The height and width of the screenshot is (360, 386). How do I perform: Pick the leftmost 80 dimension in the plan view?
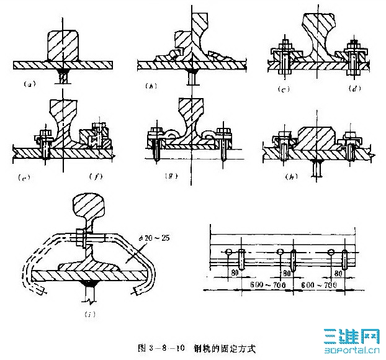tap(234, 272)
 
